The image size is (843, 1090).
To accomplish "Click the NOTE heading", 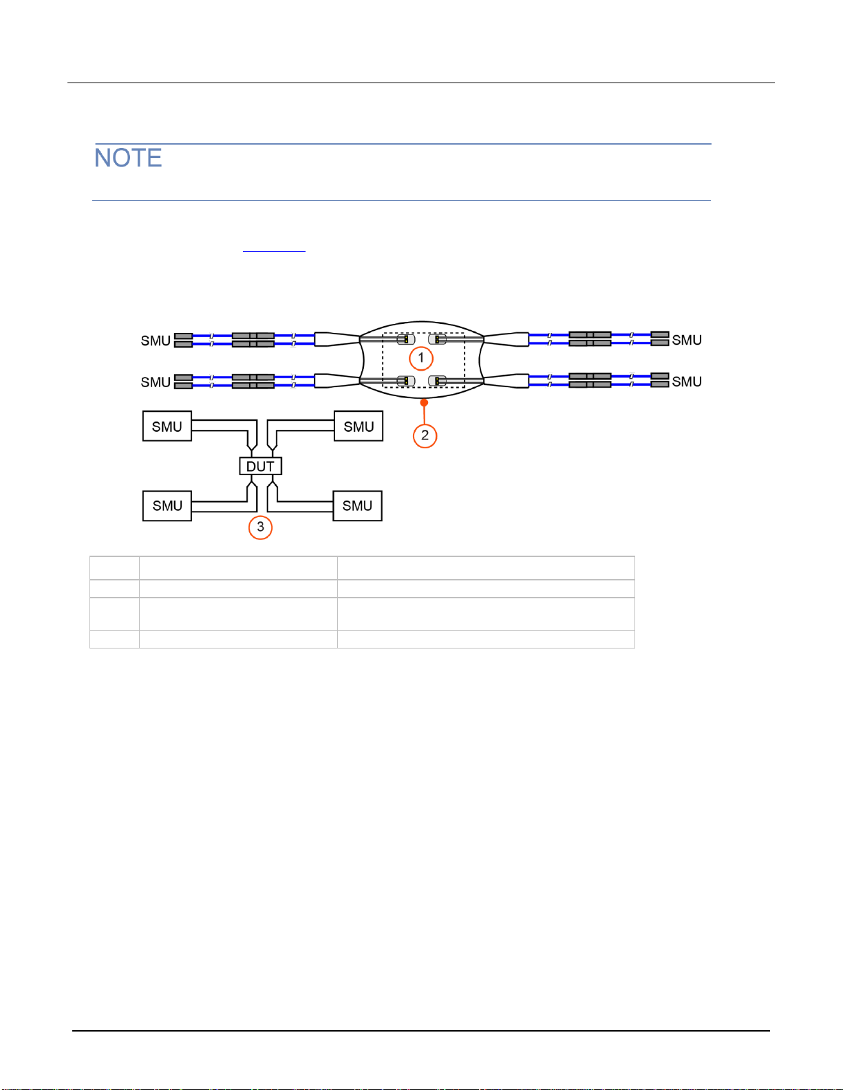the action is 128,157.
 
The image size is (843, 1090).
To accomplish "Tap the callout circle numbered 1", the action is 421,358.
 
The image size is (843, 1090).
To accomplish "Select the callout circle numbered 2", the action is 425,435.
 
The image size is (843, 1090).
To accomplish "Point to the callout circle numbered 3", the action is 260,527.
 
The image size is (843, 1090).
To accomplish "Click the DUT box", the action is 260,466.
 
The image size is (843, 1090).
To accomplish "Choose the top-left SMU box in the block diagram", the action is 167,426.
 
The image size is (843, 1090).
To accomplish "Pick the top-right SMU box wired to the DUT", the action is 359,426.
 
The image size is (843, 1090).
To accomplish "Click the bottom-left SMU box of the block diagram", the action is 167,505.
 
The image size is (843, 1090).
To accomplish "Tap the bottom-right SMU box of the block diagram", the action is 357,505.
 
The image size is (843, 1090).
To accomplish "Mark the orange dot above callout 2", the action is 424,402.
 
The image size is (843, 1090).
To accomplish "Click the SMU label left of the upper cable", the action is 156,340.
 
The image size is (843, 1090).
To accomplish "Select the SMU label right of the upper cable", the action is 687,340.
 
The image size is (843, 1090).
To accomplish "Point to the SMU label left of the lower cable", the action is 156,382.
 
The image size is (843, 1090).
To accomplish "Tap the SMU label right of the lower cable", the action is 687,382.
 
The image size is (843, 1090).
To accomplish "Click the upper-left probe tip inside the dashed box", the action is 406,340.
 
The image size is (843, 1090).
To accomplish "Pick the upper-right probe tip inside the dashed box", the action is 437,340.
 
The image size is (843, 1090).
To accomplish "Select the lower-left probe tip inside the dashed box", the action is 406,381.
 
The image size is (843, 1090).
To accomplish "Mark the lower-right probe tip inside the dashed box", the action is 437,381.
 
